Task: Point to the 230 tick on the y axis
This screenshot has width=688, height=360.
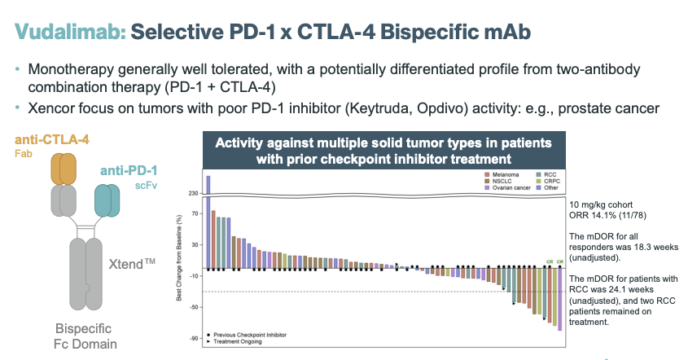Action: (192, 193)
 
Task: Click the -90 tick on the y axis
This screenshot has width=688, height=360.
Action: (194, 338)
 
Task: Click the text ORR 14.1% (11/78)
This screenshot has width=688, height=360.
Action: (603, 216)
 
